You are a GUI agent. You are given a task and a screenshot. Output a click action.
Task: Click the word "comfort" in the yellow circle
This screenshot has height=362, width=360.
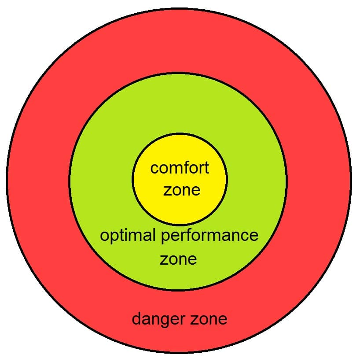tap(180, 168)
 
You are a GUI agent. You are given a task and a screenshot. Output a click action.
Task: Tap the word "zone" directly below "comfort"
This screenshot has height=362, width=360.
tap(182, 190)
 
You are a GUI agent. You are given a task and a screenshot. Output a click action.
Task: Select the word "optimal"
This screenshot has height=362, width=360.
tap(127, 236)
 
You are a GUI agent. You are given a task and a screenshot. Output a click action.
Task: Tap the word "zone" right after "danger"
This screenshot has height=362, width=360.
tap(208, 318)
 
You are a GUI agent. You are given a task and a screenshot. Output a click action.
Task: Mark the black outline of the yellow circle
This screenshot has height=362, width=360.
tap(132, 179)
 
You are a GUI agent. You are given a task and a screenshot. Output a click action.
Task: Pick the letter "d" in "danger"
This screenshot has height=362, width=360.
tap(136, 318)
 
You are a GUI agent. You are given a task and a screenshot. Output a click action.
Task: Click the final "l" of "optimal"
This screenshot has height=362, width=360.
tap(154, 235)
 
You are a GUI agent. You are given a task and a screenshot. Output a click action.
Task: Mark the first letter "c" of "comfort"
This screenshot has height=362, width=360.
tap(154, 169)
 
